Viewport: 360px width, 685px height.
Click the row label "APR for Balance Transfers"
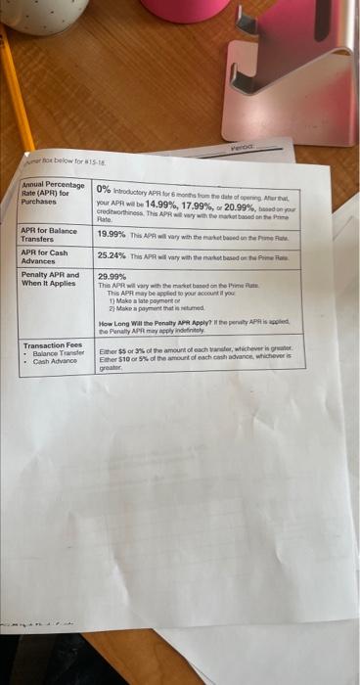pos(50,235)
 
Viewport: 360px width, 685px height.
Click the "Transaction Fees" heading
pos(52,345)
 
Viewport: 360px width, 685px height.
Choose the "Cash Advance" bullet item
pos(55,361)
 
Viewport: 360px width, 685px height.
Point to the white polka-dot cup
pos(44,15)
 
